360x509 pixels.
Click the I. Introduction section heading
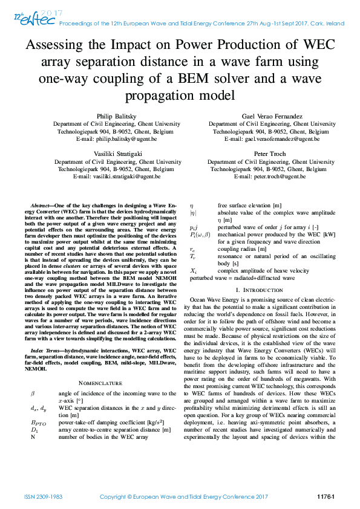[x=269, y=291]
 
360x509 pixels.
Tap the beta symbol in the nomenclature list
[x=33, y=393]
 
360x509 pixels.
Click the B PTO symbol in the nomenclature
[x=38, y=423]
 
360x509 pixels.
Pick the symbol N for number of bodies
[x=33, y=436]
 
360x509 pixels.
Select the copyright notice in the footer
[x=183, y=496]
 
